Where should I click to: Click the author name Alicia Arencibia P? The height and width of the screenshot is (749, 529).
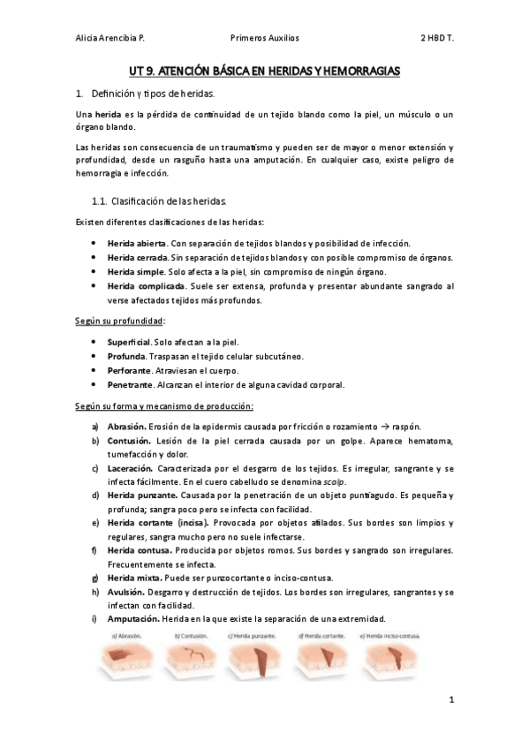(110, 39)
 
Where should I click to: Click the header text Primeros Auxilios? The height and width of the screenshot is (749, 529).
(264, 39)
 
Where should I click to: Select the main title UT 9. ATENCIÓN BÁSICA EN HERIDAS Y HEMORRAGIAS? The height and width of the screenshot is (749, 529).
(264, 68)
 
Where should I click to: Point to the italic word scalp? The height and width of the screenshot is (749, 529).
(353, 482)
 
